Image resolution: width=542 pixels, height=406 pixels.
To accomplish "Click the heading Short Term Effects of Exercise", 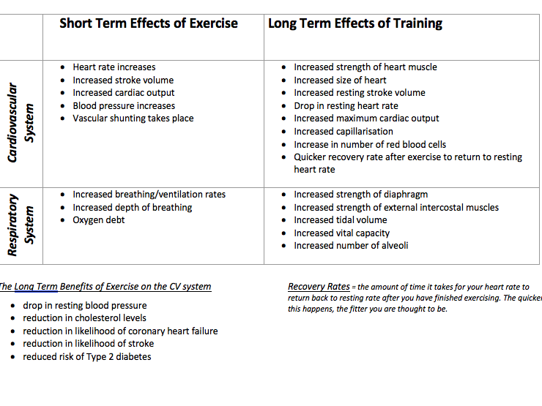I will pyautogui.click(x=148, y=23).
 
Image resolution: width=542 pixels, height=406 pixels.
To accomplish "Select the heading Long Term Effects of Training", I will pyautogui.click(x=355, y=23).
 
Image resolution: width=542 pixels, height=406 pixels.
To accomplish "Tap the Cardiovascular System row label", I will pyautogui.click(x=21, y=124).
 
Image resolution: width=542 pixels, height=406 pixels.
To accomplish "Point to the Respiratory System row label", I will pyautogui.click(x=21, y=225).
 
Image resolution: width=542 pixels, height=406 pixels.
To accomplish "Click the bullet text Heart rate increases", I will pyautogui.click(x=114, y=67).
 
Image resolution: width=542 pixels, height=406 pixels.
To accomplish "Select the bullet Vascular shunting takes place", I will pyautogui.click(x=133, y=119).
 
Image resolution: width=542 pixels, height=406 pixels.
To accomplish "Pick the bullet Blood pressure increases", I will pyautogui.click(x=124, y=106).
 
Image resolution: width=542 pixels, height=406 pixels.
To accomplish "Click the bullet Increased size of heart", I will pyautogui.click(x=340, y=80).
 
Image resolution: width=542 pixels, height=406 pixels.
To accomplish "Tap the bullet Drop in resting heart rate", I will pyautogui.click(x=346, y=106).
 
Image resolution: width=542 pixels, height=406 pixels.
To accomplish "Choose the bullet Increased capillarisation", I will pyautogui.click(x=344, y=132).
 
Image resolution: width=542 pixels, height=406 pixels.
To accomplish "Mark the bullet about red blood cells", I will pyautogui.click(x=370, y=145).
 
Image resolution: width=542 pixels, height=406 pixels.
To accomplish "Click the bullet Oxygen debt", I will pyautogui.click(x=98, y=220).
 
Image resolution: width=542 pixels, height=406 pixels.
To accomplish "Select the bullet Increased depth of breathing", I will pyautogui.click(x=132, y=208).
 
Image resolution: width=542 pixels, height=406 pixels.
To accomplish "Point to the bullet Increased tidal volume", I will pyautogui.click(x=340, y=220).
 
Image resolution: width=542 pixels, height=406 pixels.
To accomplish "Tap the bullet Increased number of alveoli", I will pyautogui.click(x=351, y=246).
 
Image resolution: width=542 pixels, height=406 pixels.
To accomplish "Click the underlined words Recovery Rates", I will pyautogui.click(x=319, y=287).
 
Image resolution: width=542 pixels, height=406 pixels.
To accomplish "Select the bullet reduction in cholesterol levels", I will pyautogui.click(x=84, y=318).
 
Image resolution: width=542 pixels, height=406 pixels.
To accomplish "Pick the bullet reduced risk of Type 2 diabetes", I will pyautogui.click(x=86, y=357).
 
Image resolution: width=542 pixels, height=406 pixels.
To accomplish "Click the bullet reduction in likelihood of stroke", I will pyautogui.click(x=88, y=344).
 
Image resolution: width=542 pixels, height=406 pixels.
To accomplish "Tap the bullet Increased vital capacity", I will pyautogui.click(x=341, y=233).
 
